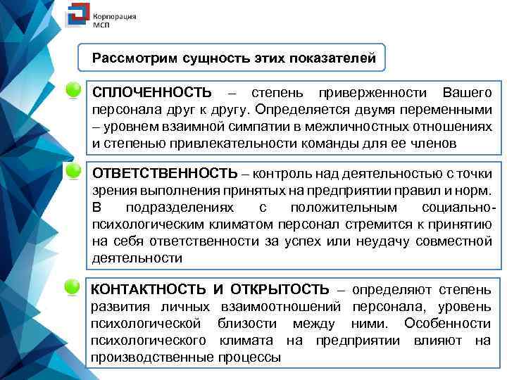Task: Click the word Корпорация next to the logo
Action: [115, 15]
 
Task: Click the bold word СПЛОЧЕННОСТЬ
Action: [151, 94]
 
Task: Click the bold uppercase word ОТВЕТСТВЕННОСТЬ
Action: [165, 173]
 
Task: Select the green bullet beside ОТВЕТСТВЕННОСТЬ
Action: [72, 170]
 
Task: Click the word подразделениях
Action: [181, 208]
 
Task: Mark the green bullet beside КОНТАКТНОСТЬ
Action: [72, 286]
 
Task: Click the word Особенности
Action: [447, 324]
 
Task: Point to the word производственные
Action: [151, 357]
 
